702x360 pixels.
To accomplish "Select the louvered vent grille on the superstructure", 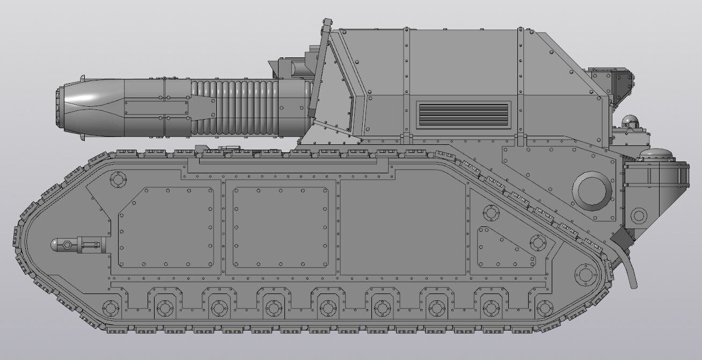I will coord(463,114).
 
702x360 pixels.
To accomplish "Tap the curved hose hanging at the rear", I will coord(627,263).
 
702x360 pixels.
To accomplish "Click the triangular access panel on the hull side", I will coord(504,248).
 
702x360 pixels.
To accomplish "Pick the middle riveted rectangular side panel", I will coord(280,227).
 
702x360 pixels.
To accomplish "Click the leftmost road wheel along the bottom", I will coord(111,308).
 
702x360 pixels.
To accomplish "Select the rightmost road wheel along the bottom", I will coord(544,308).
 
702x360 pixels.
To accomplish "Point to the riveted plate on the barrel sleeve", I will coord(156,107).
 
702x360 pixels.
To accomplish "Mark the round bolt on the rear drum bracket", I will coord(638,216).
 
